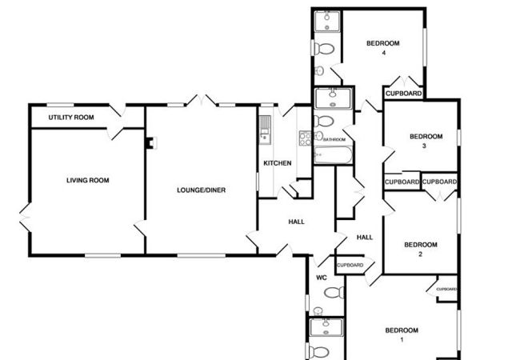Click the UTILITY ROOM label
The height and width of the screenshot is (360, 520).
[x=71, y=118]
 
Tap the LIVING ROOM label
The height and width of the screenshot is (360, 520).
[x=87, y=180]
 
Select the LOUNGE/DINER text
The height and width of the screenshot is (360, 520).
[x=201, y=190]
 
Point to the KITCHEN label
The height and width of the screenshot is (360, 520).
[x=278, y=163]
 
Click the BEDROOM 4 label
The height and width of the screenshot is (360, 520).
[x=382, y=48]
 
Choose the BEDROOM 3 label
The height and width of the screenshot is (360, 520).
[x=426, y=141]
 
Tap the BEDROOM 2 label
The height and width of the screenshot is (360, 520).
[x=421, y=250]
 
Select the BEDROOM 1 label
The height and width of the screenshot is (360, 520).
[x=402, y=335]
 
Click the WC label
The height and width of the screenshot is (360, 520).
[x=322, y=278]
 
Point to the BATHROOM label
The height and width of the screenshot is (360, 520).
[x=334, y=139]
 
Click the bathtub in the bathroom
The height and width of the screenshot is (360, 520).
[x=333, y=155]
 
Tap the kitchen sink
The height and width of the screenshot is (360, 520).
[x=265, y=130]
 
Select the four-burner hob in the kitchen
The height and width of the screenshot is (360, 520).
[x=306, y=138]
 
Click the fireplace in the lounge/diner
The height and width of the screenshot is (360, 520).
[x=151, y=143]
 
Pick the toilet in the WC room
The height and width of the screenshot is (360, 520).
[x=334, y=292]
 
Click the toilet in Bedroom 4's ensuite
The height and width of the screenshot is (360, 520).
[x=323, y=49]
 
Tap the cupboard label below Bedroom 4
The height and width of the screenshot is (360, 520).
[x=403, y=94]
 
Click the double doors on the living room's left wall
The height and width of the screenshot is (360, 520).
[x=26, y=218]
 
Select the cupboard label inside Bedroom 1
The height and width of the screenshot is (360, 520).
[x=446, y=289]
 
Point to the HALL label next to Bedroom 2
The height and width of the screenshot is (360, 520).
[x=365, y=238]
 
